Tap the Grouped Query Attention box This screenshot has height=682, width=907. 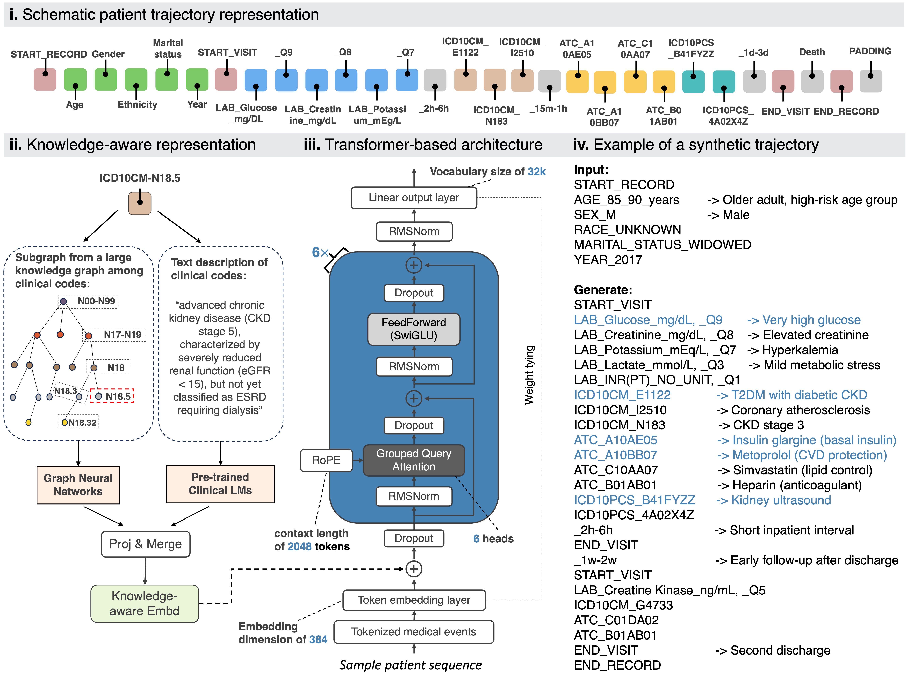point(414,460)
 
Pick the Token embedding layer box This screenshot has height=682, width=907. point(414,600)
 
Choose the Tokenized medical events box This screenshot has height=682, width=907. point(414,631)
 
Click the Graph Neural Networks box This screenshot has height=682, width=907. point(78,485)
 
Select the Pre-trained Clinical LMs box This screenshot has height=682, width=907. point(220,484)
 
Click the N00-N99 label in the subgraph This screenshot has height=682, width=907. point(96,301)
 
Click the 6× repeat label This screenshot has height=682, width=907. point(320,252)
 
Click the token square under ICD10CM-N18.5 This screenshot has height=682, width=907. point(140,203)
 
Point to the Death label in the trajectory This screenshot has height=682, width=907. point(812,52)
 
